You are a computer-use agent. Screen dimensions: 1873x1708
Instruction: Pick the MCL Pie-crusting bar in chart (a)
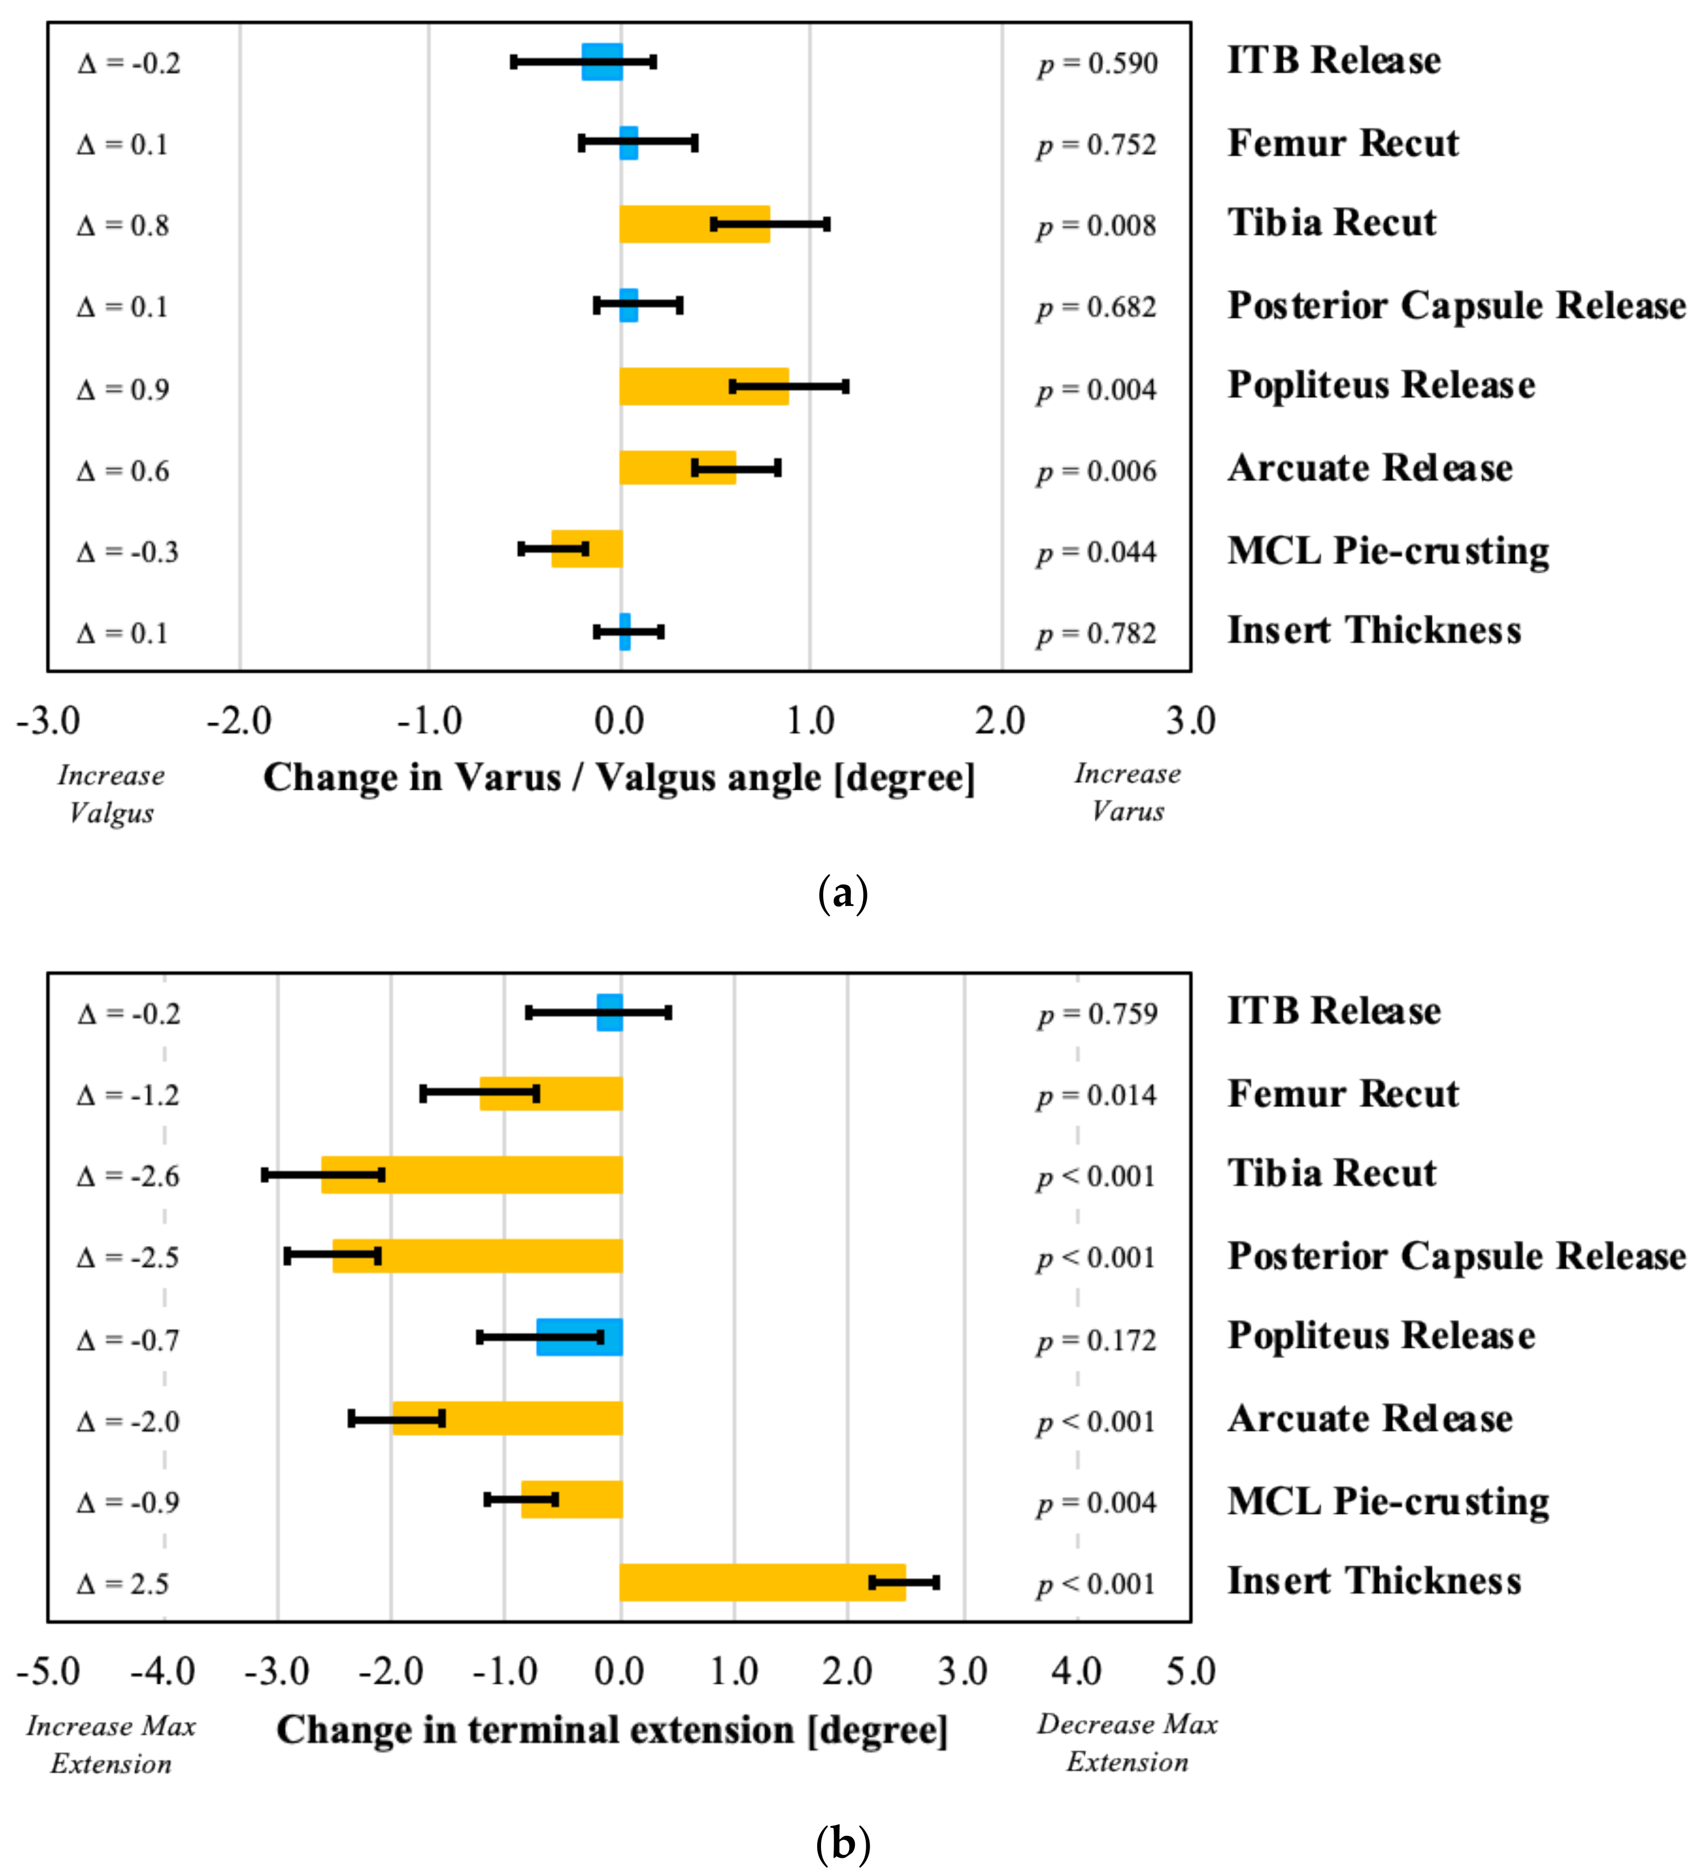click(586, 548)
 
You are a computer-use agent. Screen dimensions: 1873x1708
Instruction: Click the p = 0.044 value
click(1097, 553)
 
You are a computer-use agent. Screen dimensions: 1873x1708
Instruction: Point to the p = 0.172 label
click(1097, 1341)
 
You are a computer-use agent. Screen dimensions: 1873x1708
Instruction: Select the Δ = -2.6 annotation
click(128, 1176)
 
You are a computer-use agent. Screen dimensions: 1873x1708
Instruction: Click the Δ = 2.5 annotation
click(123, 1584)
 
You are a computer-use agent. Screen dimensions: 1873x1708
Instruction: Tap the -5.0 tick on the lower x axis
click(49, 1672)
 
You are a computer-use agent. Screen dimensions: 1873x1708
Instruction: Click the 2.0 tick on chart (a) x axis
click(1000, 722)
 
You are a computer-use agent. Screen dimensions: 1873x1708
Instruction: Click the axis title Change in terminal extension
click(612, 1730)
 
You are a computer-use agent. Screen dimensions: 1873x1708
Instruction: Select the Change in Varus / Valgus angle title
click(619, 778)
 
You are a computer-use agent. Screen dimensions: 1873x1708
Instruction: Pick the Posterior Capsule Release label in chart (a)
click(1455, 306)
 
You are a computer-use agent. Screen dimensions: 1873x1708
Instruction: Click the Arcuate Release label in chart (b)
click(1369, 1419)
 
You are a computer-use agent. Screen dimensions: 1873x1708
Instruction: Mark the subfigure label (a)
click(842, 894)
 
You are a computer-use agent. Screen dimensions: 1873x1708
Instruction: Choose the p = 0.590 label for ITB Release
click(1098, 64)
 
